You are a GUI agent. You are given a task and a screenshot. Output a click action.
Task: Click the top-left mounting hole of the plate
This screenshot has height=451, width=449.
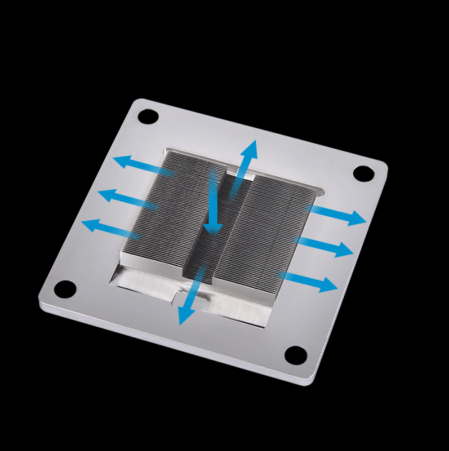click(147, 116)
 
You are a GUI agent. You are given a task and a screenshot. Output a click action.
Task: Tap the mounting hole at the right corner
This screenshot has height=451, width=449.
click(363, 173)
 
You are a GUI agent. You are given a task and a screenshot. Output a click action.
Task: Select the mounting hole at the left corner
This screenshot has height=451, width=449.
click(64, 288)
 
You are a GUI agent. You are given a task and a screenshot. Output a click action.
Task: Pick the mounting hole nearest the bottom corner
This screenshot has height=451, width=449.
click(295, 354)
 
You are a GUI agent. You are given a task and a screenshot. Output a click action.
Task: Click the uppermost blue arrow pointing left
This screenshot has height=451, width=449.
click(142, 166)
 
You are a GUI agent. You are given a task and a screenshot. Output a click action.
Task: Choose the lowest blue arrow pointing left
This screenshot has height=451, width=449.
click(111, 230)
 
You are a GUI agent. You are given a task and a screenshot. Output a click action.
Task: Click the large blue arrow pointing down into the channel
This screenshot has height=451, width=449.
click(213, 205)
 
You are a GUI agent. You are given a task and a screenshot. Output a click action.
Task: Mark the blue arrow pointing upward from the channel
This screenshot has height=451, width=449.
click(243, 167)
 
